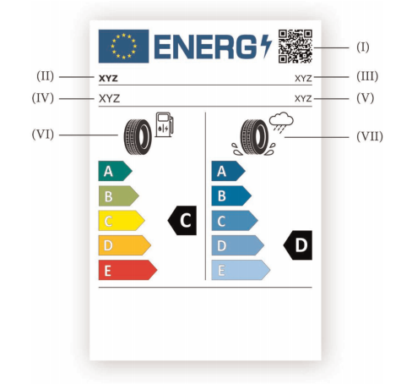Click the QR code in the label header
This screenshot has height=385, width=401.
pos(295,47)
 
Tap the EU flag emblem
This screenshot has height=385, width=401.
pos(123,47)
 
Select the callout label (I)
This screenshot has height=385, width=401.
pos(363,47)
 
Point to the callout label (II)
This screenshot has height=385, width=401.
pos(45,76)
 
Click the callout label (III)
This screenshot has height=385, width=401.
pos(367,76)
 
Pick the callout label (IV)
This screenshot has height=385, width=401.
pos(43,98)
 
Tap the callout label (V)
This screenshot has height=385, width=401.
pos(366,98)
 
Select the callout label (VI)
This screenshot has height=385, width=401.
pos(43,135)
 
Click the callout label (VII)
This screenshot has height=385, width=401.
pos(370,136)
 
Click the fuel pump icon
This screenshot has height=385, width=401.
pos(165,124)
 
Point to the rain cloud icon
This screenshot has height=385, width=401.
pos(281,122)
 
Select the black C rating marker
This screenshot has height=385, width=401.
pos(182,220)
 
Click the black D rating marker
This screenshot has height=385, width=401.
pos(298,245)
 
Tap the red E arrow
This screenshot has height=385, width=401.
pos(127,270)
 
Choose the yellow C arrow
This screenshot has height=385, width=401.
pos(122,221)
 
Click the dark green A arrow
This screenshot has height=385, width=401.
pos(116,171)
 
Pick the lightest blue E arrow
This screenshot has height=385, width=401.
pos(241,270)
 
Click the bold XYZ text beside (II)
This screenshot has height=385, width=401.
pos(108,79)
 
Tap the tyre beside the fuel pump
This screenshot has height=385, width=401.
pos(138,137)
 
